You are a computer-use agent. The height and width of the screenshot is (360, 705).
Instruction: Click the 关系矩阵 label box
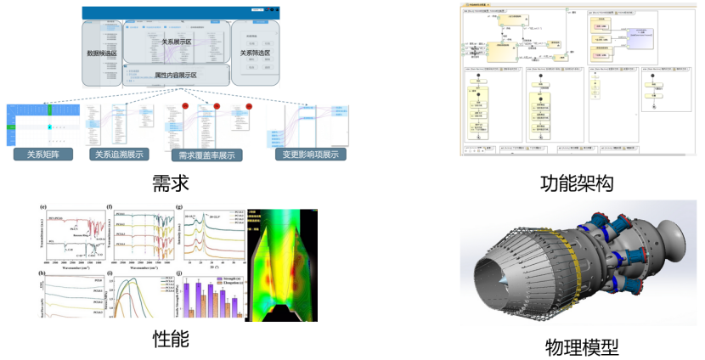click(x=43, y=155)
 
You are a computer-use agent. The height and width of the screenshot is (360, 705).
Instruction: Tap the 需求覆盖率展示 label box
click(x=206, y=155)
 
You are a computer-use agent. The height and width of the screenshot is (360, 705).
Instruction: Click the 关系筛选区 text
click(x=256, y=53)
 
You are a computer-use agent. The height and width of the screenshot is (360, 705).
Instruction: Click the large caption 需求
click(x=170, y=182)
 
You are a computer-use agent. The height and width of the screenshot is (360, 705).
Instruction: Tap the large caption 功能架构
click(x=578, y=182)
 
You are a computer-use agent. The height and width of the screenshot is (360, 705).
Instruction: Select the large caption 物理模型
click(x=582, y=346)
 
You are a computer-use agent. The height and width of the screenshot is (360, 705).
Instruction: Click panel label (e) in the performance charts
click(x=42, y=207)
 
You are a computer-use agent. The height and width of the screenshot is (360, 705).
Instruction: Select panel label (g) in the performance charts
click(x=178, y=207)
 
